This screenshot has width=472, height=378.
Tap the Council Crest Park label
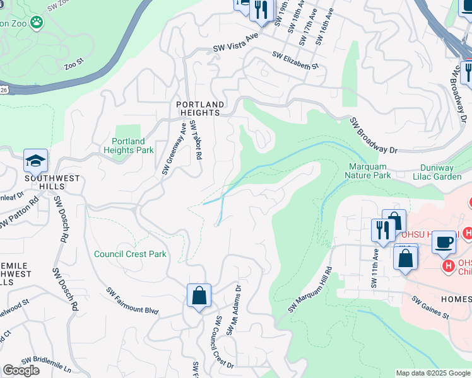[x=130, y=254]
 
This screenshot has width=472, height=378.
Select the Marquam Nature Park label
[x=370, y=171]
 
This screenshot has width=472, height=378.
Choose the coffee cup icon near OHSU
[x=444, y=242]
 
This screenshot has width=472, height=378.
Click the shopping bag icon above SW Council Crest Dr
[x=199, y=295]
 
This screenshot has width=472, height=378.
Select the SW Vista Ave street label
[x=236, y=42]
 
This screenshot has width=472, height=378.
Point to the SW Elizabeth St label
[x=295, y=60]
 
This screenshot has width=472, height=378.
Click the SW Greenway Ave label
[x=174, y=149]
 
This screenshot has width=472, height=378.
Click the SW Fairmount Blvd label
[x=132, y=301]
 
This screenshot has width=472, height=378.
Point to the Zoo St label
[x=74, y=63]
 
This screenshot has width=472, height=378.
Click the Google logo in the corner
[x=21, y=370]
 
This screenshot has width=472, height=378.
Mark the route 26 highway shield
[x=3, y=90]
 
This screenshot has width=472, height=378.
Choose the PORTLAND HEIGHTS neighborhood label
[x=200, y=108]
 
